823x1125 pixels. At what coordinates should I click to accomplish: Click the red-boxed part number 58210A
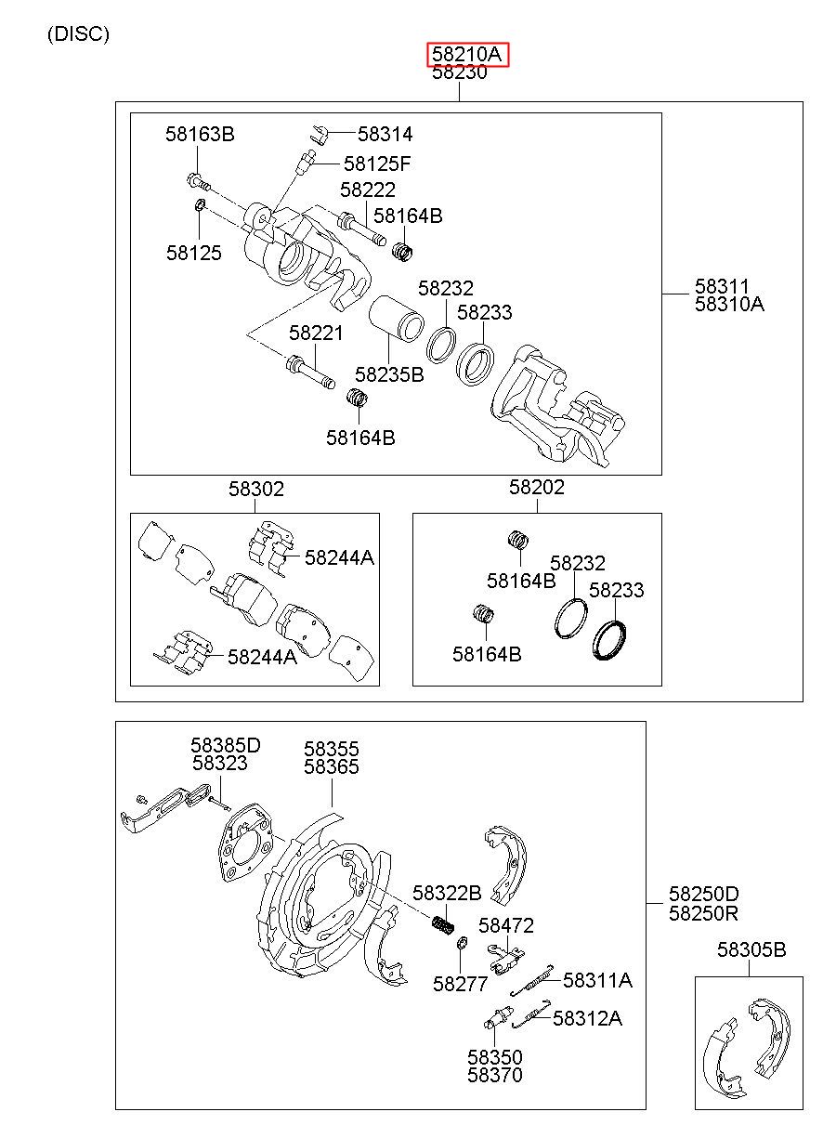[x=467, y=54]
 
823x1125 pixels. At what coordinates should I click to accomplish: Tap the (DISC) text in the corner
[x=78, y=33]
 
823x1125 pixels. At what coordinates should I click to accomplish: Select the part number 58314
[x=385, y=134]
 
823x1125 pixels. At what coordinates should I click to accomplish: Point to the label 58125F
[x=377, y=164]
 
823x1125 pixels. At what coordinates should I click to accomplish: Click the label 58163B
[x=200, y=134]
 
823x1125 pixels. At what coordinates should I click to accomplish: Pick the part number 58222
[x=368, y=190]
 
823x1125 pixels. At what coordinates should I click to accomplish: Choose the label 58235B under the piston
[x=389, y=374]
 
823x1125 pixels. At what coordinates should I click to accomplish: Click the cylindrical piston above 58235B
[x=397, y=320]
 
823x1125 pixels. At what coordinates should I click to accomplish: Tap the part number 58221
[x=316, y=333]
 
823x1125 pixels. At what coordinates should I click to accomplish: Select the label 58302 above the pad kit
[x=256, y=489]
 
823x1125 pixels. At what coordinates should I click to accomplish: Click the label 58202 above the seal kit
[x=537, y=487]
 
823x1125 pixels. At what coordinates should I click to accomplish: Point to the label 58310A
[x=729, y=304]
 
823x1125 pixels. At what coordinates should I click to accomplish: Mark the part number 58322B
[x=447, y=893]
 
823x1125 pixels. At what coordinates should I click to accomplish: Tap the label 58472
[x=505, y=925]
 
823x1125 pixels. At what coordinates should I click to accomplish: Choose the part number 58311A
[x=597, y=980]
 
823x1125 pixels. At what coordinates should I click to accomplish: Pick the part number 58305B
[x=751, y=949]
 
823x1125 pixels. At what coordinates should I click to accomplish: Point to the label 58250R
[x=703, y=913]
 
